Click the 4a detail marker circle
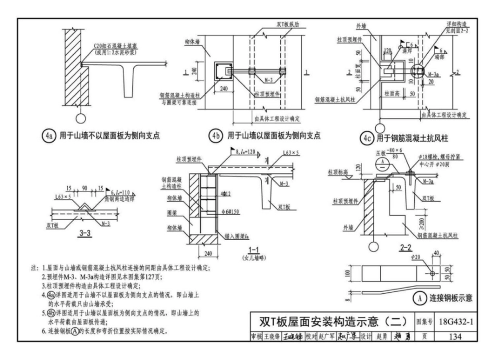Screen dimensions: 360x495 point(49,136)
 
